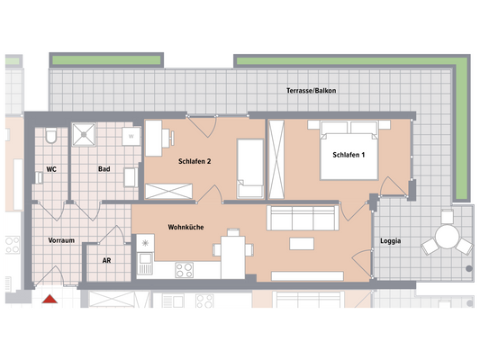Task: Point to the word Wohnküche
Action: coord(186,228)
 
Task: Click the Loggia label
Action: coord(390,241)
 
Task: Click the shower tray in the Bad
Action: coord(86,135)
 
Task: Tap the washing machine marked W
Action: coord(131,137)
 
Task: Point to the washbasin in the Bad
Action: coord(131,176)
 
